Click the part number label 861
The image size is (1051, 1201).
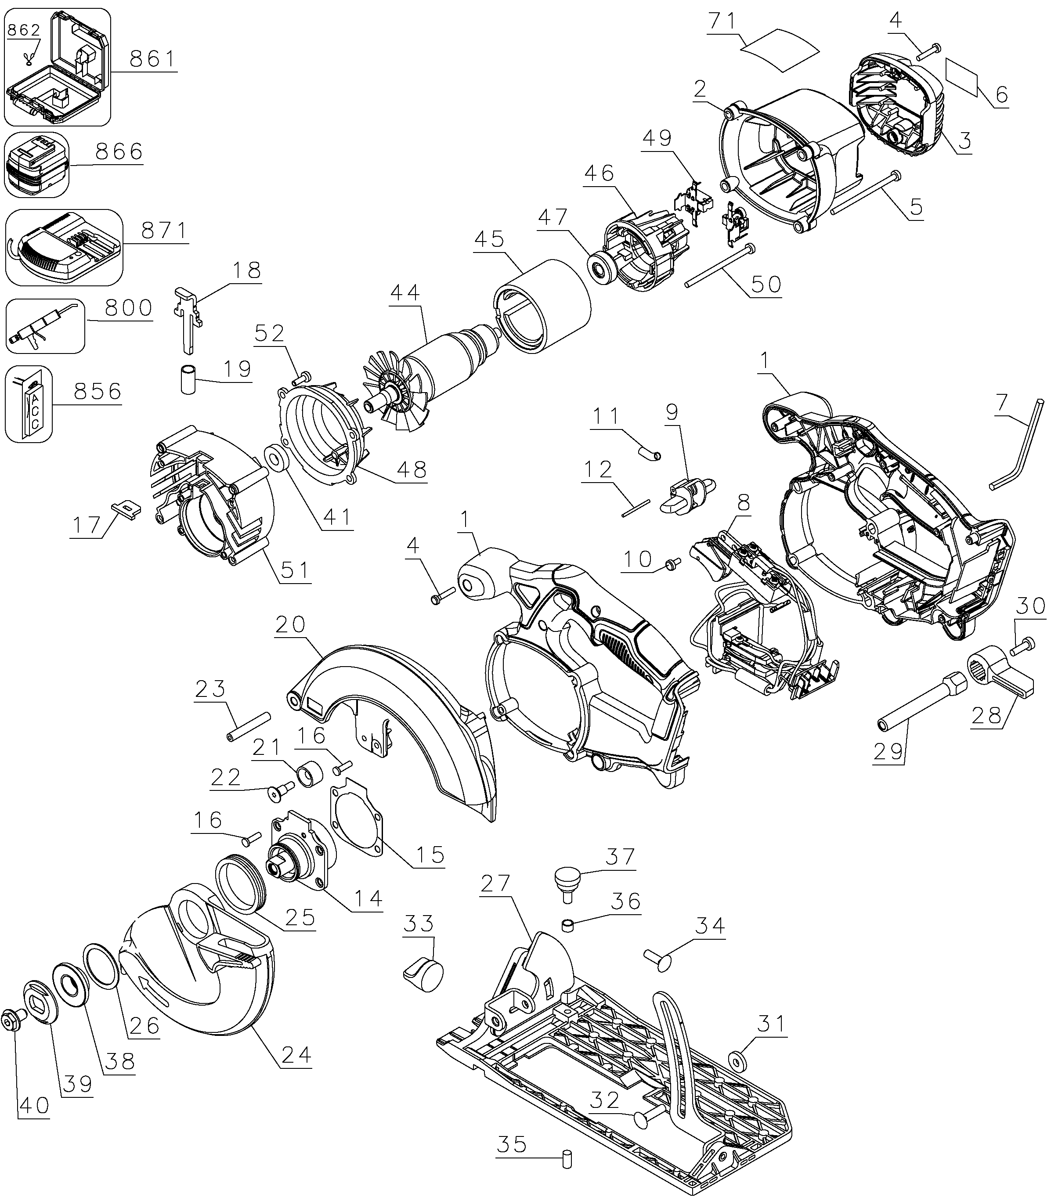[152, 59]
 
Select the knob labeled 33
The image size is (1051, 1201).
[425, 976]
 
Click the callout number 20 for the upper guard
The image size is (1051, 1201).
[291, 624]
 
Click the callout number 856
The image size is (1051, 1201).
[98, 391]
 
